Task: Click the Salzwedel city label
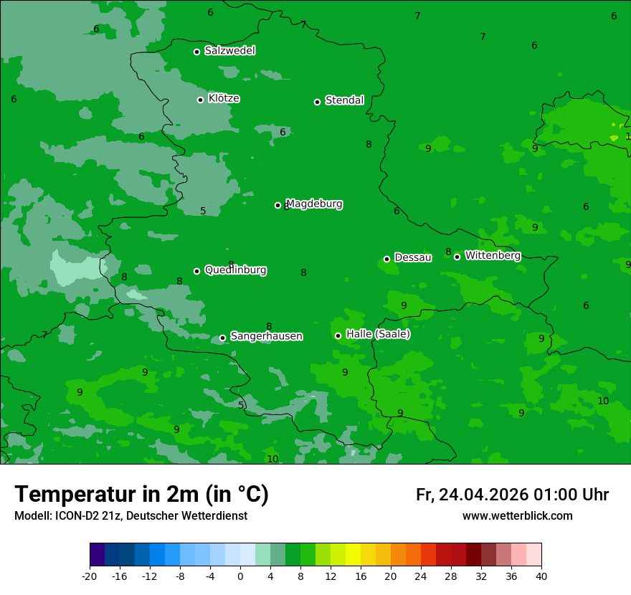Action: pos(229,51)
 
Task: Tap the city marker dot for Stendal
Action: pos(317,102)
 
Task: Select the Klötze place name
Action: pos(224,98)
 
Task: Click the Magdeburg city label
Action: pos(314,204)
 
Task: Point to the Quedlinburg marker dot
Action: pos(196,271)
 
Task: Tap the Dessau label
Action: pos(413,257)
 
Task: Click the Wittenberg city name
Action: pos(493,255)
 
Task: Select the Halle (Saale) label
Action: pos(378,334)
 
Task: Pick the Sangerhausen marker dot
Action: pos(222,338)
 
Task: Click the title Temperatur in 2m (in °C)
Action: pos(141,494)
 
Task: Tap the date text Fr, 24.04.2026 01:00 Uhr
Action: pos(512,495)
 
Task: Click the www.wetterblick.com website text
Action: pos(517,515)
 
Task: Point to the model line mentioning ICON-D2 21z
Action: pos(131,515)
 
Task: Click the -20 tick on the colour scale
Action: pos(90,576)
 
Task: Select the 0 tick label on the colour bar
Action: pos(240,576)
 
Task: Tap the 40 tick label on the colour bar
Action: pos(541,576)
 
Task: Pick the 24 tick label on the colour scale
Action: pos(421,576)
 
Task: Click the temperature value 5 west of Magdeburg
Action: pos(203,211)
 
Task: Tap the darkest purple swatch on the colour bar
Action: pos(97,555)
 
